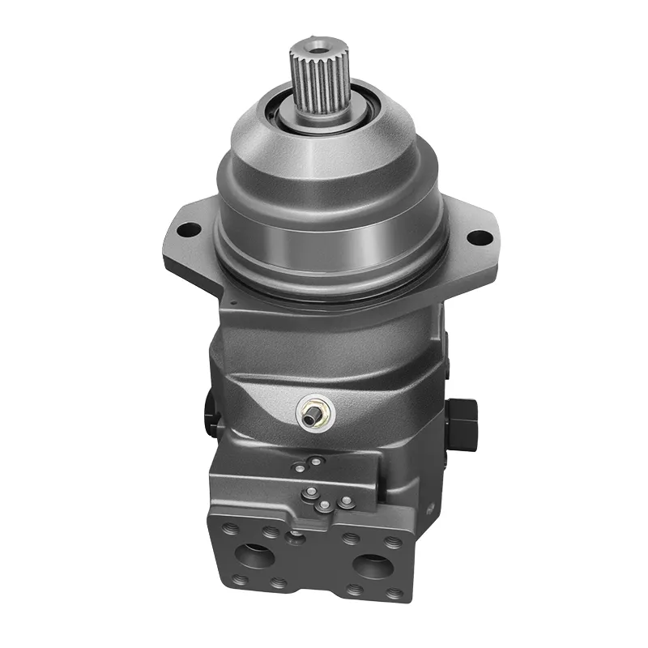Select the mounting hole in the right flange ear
(480, 237)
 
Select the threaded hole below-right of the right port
(394, 594)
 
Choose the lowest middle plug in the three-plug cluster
(323, 505)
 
